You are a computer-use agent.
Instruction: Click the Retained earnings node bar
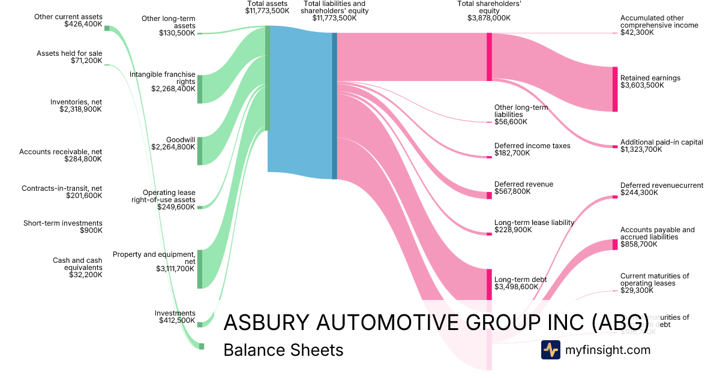pyautogui.click(x=614, y=89)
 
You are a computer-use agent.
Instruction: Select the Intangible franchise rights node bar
pyautogui.click(x=200, y=89)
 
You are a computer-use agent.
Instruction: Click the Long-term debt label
pyautogui.click(x=520, y=280)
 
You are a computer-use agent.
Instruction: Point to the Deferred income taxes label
pyautogui.click(x=532, y=146)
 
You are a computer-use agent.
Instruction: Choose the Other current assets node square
pyautogui.click(x=107, y=28)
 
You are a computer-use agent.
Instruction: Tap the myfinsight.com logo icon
pyautogui.click(x=550, y=350)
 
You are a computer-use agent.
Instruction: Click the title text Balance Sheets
pyautogui.click(x=283, y=350)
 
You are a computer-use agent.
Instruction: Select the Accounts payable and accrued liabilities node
pyautogui.click(x=614, y=244)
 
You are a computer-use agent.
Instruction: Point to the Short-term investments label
pyautogui.click(x=63, y=223)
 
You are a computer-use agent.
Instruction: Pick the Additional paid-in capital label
pyautogui.click(x=661, y=142)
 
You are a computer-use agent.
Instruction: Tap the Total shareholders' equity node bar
pyautogui.click(x=489, y=56)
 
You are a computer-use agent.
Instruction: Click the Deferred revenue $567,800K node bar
pyautogui.click(x=489, y=195)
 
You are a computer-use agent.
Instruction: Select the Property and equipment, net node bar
pyautogui.click(x=200, y=269)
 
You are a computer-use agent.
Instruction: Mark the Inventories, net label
pyautogui.click(x=76, y=102)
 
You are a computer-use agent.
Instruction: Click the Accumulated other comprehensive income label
pyautogui.click(x=659, y=22)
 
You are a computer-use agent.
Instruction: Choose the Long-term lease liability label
pyautogui.click(x=534, y=223)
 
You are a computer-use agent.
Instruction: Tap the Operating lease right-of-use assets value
pyautogui.click(x=176, y=207)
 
